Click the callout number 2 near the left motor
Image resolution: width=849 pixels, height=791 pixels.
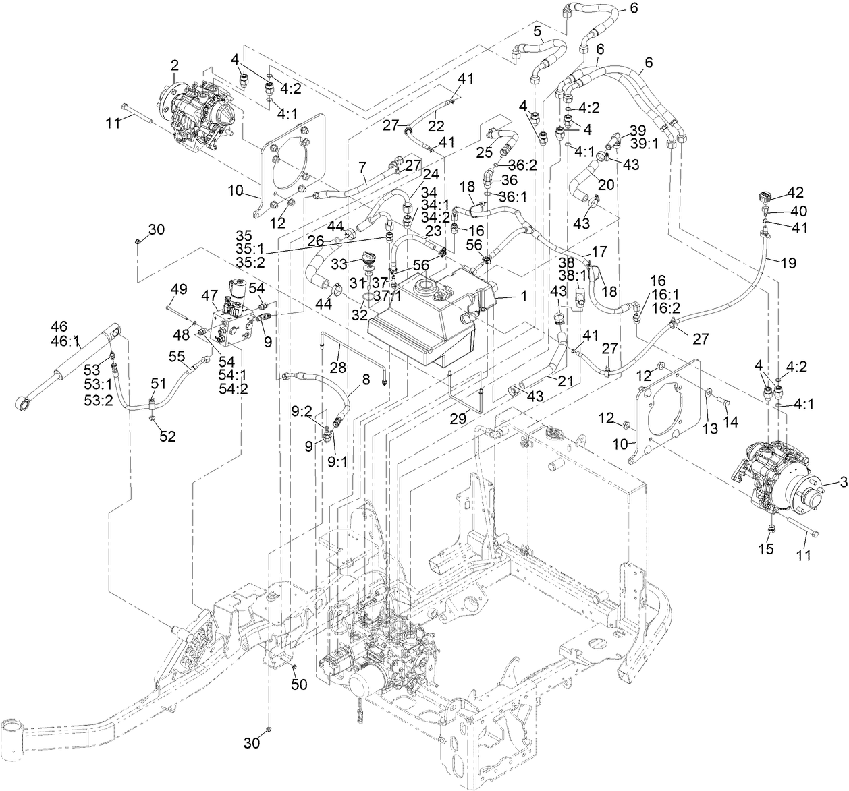[x=174, y=65]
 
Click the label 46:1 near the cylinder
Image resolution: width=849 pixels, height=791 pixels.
[x=66, y=343]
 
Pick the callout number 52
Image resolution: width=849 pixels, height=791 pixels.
[x=167, y=436]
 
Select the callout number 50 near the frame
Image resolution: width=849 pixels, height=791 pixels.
[x=299, y=684]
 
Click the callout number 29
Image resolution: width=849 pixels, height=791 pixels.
[x=458, y=419]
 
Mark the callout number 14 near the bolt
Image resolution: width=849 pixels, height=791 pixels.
[x=731, y=422]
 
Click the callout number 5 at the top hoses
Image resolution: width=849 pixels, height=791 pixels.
[x=537, y=30]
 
